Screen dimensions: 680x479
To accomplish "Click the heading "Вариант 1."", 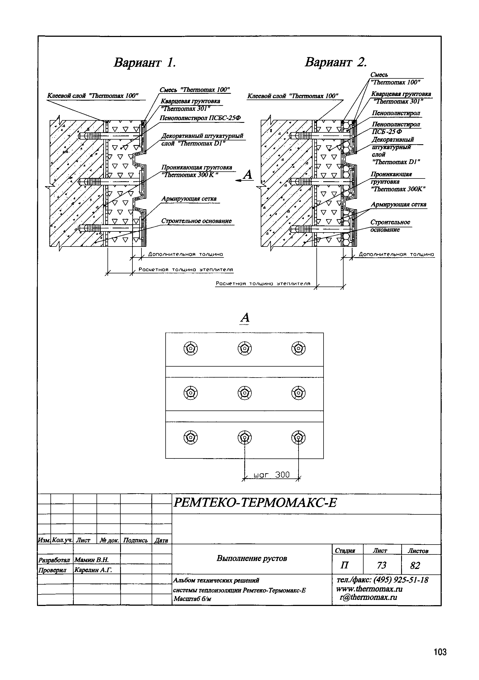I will pyautogui.click(x=145, y=63).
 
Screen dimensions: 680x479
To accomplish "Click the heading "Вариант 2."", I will pyautogui.click(x=336, y=62).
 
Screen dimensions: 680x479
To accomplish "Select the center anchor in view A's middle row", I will pyautogui.click(x=245, y=393).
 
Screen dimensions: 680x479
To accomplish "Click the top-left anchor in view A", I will pyautogui.click(x=191, y=348).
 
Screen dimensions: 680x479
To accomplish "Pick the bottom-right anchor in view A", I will pyautogui.click(x=298, y=437).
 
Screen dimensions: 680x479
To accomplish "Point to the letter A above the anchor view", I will pyautogui.click(x=245, y=318).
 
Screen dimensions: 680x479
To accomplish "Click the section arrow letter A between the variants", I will pyautogui.click(x=248, y=175).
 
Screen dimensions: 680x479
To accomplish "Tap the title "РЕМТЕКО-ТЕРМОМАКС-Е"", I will pyautogui.click(x=255, y=503).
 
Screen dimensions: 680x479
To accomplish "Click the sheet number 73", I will pyautogui.click(x=382, y=565).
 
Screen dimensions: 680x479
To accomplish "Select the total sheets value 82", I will pyautogui.click(x=415, y=566).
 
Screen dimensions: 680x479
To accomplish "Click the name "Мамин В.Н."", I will pyautogui.click(x=92, y=560).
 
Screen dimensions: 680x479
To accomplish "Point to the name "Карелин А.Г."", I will pyautogui.click(x=93, y=570).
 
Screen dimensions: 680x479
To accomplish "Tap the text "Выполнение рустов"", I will pyautogui.click(x=252, y=558).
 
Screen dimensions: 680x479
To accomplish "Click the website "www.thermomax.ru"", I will pyautogui.click(x=369, y=589).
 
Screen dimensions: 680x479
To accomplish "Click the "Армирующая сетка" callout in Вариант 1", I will pyautogui.click(x=189, y=199).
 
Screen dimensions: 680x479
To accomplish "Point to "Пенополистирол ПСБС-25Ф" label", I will pyautogui.click(x=200, y=118).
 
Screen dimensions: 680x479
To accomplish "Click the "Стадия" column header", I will pyautogui.click(x=345, y=551).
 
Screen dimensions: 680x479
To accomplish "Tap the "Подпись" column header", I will pyautogui.click(x=135, y=540).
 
